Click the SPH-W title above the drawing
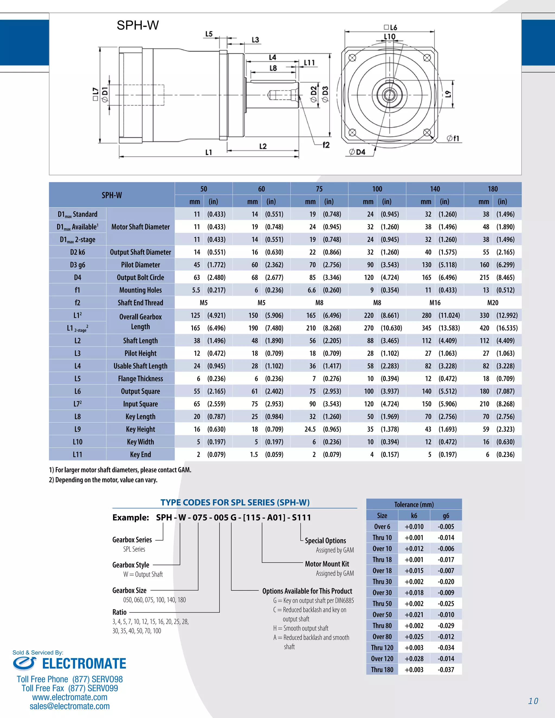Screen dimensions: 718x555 click(137, 25)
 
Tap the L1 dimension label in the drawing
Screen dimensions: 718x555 click(209, 153)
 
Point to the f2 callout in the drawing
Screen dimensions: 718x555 click(326, 145)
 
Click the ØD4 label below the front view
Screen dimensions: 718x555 click(357, 152)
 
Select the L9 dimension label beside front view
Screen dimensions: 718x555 click(448, 94)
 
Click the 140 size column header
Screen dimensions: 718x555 click(435, 189)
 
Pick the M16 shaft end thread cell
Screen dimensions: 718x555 click(435, 303)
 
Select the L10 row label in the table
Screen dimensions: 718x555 click(78, 442)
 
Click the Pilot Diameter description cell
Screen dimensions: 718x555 click(140, 265)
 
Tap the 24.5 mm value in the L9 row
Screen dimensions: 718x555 click(310, 429)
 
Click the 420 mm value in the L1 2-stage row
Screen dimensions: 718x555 click(484, 328)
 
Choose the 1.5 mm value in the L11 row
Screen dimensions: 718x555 click(254, 455)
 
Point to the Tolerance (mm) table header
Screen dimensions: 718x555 click(414, 504)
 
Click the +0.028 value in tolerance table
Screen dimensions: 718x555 click(414, 658)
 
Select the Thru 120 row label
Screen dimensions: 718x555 click(382, 648)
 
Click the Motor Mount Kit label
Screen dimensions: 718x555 click(327, 564)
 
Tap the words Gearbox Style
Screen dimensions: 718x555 click(131, 565)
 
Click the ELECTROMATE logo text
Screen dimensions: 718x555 click(84, 664)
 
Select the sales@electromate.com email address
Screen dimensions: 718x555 click(70, 706)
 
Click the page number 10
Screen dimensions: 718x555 click(533, 701)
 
